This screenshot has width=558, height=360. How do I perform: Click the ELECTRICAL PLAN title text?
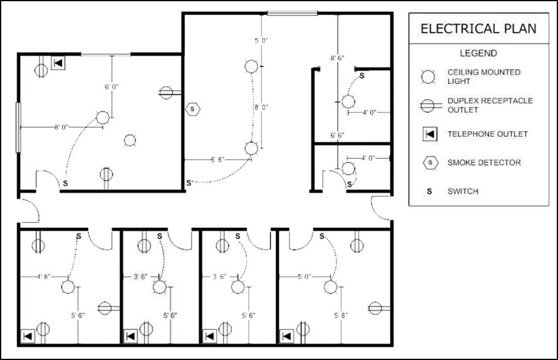[x=478, y=28]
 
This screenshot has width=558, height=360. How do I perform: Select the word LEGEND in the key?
[x=478, y=53]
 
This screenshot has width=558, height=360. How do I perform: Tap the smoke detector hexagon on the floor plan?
[x=193, y=109]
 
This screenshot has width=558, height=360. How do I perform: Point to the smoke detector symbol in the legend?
[x=430, y=163]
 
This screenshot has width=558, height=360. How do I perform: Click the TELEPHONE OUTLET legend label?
[x=487, y=134]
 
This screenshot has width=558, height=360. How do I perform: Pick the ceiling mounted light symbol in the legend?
[x=428, y=77]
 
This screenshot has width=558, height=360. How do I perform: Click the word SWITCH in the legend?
[x=462, y=191]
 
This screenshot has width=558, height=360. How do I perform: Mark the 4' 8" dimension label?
[x=44, y=277]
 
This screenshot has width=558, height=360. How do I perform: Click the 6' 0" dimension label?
[x=112, y=86]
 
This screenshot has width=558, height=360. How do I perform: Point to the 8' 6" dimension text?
[x=337, y=58]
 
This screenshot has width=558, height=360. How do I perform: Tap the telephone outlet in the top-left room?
[x=58, y=63]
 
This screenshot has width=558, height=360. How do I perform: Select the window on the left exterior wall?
[x=18, y=128]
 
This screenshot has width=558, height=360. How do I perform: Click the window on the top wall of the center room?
[x=292, y=13]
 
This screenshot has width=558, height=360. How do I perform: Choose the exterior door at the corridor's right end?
[x=381, y=208]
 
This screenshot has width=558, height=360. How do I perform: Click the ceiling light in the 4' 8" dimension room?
[x=68, y=286]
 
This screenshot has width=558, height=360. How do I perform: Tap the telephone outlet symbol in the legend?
[x=430, y=134]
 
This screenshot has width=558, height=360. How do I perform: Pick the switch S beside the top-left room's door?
[x=65, y=183]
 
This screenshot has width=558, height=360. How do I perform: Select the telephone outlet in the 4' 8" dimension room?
[x=28, y=336]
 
